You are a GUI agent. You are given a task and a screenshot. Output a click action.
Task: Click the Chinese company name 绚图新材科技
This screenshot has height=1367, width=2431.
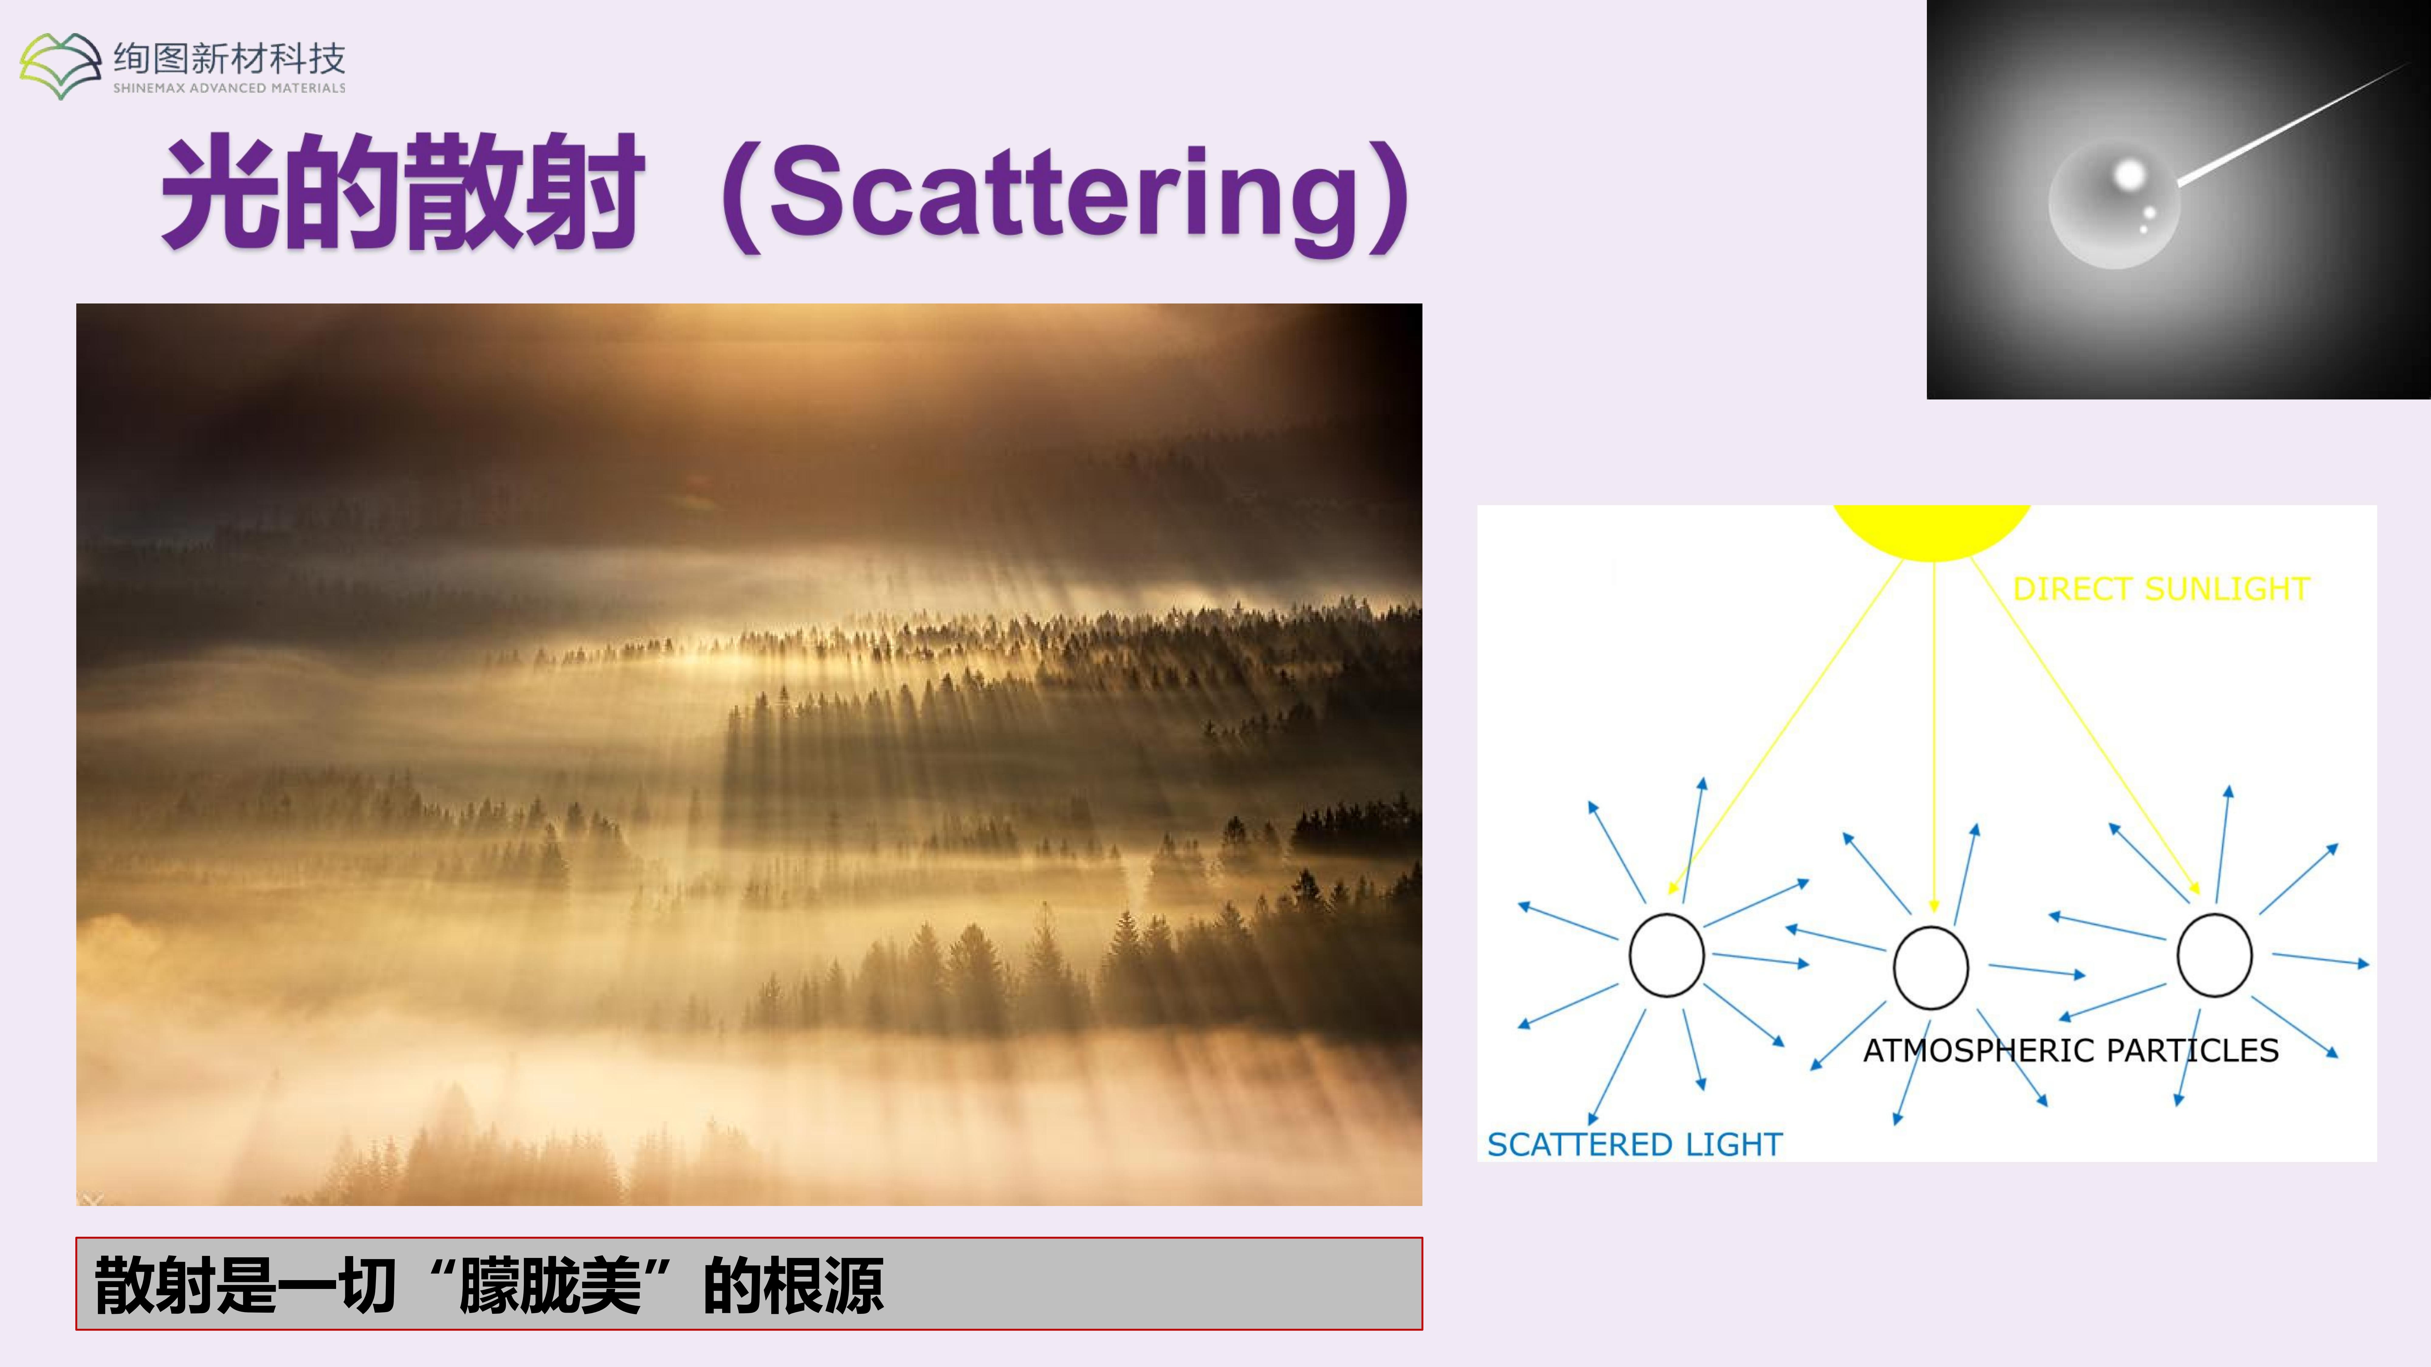[x=229, y=59]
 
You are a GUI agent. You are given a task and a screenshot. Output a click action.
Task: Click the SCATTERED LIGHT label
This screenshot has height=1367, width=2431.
[x=1635, y=1144]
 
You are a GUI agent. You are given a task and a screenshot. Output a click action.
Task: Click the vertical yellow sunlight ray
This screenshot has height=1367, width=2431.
[x=1934, y=736]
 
